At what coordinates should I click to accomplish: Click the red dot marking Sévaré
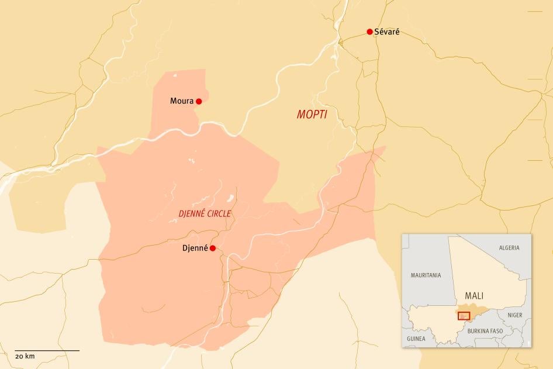click(x=369, y=32)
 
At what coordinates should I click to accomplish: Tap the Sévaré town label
click(x=387, y=32)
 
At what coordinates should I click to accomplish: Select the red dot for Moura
click(x=199, y=101)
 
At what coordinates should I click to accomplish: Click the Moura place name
click(x=182, y=101)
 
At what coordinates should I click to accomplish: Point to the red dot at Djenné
click(x=213, y=248)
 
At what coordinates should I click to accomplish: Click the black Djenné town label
click(x=195, y=248)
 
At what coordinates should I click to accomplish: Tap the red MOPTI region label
click(x=312, y=115)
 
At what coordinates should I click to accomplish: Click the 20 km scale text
click(x=25, y=356)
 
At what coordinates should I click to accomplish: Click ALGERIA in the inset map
click(x=509, y=248)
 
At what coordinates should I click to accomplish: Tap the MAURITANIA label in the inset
click(x=426, y=275)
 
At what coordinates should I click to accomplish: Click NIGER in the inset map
click(x=515, y=315)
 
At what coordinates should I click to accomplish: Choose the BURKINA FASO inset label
click(x=485, y=330)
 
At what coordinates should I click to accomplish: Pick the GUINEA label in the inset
click(x=416, y=339)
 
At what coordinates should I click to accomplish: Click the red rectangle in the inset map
click(x=464, y=316)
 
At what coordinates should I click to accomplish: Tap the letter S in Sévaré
click(x=377, y=32)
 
